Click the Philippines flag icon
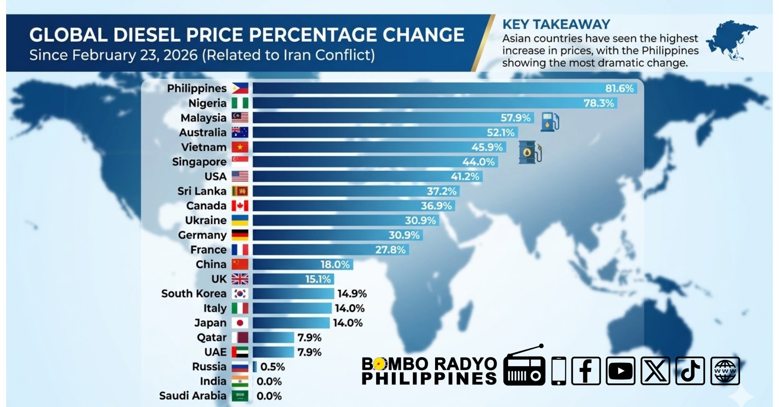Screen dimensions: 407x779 (240, 88)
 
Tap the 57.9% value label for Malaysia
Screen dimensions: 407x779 (515, 117)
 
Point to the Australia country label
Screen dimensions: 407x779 (203, 132)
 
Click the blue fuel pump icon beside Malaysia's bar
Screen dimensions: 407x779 (550, 122)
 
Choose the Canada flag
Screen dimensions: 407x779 (240, 205)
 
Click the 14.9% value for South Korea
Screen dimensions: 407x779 (352, 293)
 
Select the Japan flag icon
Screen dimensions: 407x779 (240, 323)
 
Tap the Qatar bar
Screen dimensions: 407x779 (273, 338)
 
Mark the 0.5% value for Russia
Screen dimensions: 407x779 (273, 367)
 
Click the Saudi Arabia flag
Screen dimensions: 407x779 (240, 396)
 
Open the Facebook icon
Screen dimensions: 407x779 (586, 371)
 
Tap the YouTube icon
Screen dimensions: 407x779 (620, 371)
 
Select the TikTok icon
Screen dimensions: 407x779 (690, 371)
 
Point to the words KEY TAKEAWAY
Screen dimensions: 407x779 (556, 24)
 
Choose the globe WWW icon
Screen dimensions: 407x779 (725, 371)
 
